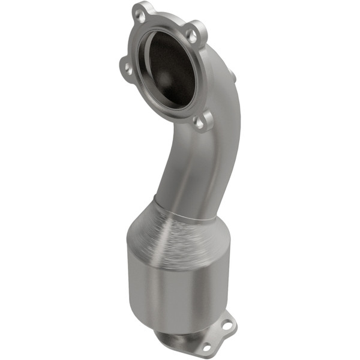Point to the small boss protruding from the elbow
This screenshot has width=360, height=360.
(232, 76)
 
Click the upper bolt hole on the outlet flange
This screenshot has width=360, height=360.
(227, 325)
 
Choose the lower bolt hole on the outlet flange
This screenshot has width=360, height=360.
(206, 347)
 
